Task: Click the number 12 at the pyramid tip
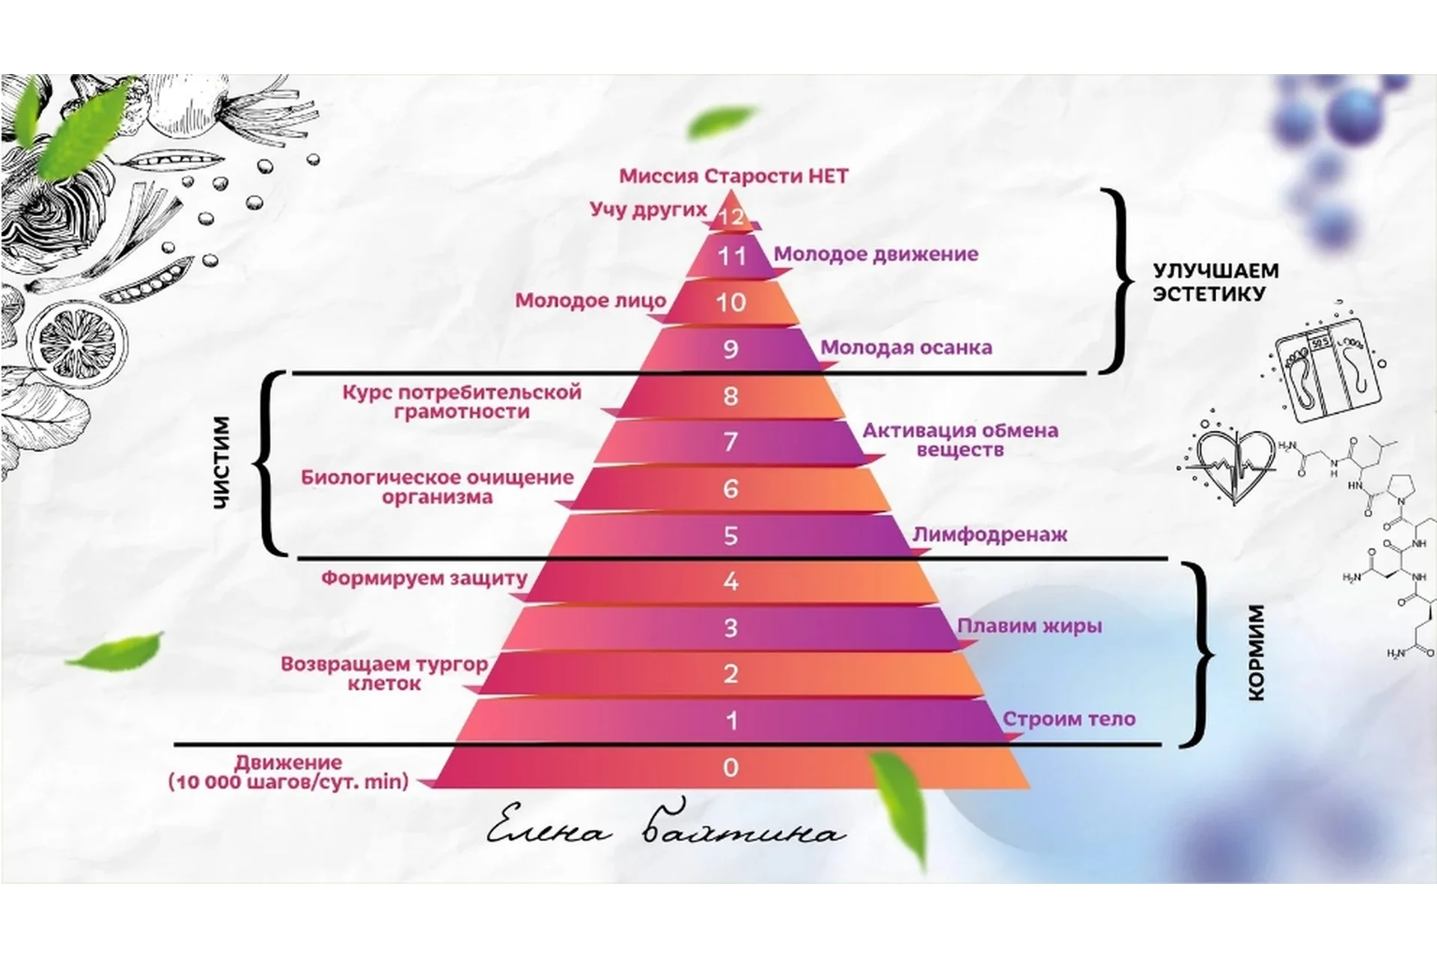[x=730, y=216]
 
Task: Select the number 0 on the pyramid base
[x=730, y=767]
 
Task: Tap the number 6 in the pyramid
[x=730, y=489]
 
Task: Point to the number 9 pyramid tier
[x=730, y=349]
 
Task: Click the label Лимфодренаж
[x=989, y=534]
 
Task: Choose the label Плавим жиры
[x=1030, y=626]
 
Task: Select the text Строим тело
[x=1069, y=719]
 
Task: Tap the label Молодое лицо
[x=591, y=301]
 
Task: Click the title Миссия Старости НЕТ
[x=733, y=177]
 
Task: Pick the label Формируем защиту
[x=424, y=579]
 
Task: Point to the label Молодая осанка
[x=906, y=347]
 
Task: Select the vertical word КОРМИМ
[x=1257, y=652]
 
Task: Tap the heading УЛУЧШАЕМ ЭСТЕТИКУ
[x=1215, y=282]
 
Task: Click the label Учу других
[x=648, y=209]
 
